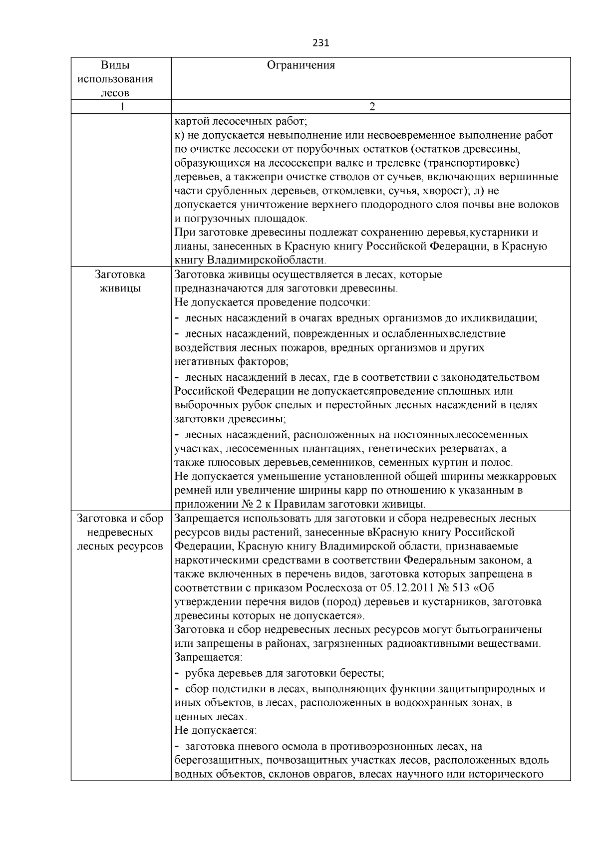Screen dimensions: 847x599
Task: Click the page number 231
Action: pyautogui.click(x=320, y=43)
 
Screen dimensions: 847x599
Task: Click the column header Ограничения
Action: pyautogui.click(x=301, y=65)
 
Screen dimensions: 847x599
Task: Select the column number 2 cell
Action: pyautogui.click(x=371, y=107)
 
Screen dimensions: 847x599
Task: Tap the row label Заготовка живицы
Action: pyautogui.click(x=120, y=282)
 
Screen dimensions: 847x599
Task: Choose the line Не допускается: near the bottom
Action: pyautogui.click(x=216, y=731)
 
